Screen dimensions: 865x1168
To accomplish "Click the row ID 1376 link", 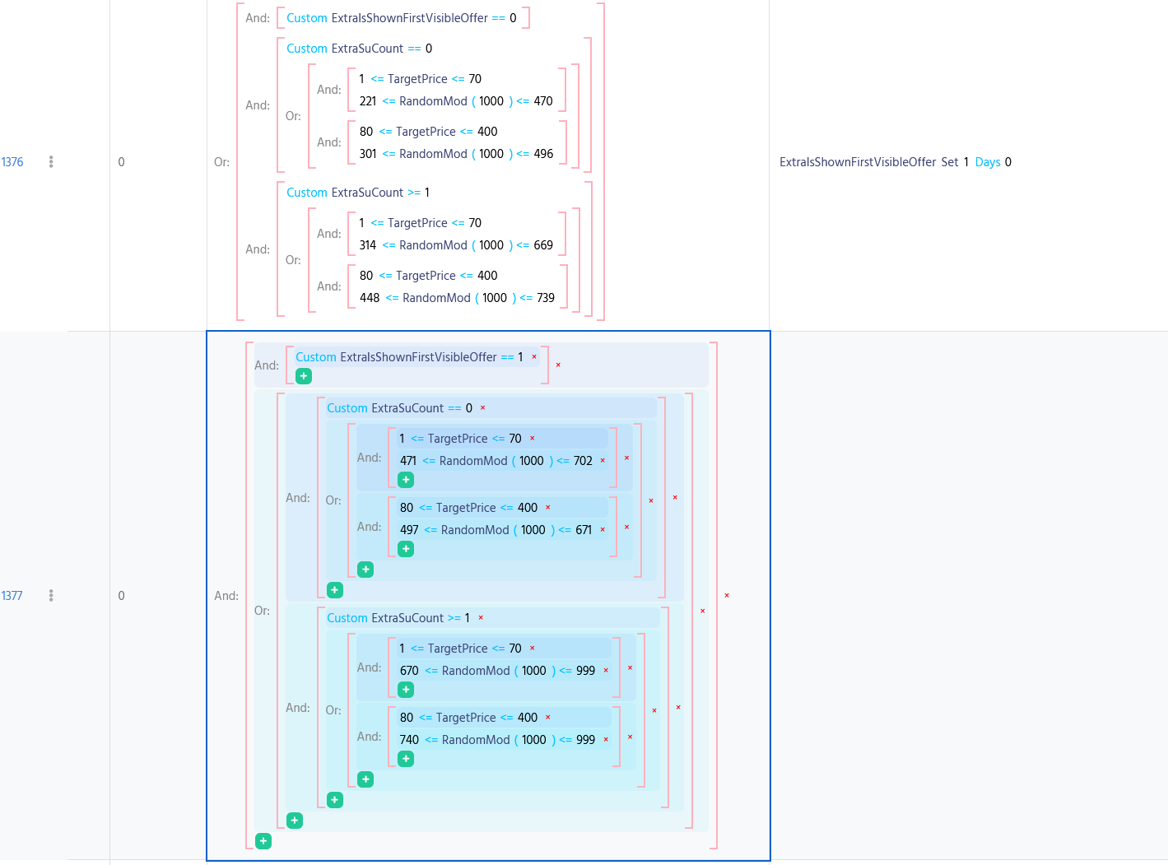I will [12, 162].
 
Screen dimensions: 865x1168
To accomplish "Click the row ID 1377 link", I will [12, 596].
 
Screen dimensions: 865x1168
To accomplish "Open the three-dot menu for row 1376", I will [51, 162].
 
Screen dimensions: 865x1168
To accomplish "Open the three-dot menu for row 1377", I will [51, 596].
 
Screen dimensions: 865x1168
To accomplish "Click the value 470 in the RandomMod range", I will [543, 101].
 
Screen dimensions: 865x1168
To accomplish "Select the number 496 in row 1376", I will [543, 154].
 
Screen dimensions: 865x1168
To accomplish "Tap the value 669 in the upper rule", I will [543, 245].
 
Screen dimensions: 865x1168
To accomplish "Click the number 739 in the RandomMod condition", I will [546, 298].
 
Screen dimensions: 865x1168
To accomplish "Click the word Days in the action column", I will [988, 162].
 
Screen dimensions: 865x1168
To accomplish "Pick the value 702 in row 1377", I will [583, 461].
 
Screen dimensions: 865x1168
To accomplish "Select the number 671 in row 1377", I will [584, 530].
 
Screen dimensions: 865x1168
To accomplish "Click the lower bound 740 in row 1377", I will [409, 740].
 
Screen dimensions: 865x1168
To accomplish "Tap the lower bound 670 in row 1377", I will [409, 671].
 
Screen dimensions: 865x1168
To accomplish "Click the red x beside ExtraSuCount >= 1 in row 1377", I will [481, 618].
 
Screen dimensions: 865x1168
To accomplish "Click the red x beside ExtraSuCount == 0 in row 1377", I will [482, 408].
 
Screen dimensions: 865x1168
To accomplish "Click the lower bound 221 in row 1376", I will [368, 101].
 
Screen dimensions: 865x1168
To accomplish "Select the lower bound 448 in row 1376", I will [370, 298].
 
